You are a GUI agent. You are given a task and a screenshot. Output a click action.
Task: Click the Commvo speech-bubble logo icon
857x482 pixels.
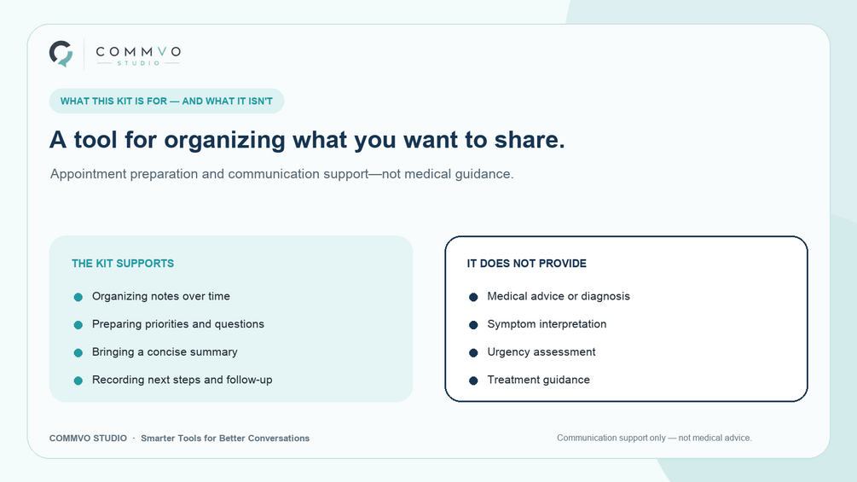tap(61, 54)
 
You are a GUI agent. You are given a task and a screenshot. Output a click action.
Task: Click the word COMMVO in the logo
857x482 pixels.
tap(138, 52)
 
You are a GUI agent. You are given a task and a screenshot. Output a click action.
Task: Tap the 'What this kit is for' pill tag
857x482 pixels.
tap(166, 102)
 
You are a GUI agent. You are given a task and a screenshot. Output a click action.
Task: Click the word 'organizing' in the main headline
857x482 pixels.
tap(224, 140)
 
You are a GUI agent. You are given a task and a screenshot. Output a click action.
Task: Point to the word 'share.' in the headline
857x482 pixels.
tap(530, 139)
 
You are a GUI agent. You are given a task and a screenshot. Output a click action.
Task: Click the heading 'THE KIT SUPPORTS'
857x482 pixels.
tap(123, 264)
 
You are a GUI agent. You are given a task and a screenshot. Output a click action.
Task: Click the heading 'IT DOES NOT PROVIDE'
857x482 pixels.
tap(526, 264)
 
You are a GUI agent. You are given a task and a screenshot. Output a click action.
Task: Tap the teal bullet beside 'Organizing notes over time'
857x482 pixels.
tap(78, 297)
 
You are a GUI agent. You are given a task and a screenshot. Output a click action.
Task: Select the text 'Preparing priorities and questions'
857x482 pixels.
tap(178, 324)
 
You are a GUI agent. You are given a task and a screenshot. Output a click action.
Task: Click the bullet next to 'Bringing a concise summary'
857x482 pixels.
tap(78, 352)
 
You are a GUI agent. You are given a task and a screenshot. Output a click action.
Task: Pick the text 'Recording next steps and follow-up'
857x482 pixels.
tap(182, 380)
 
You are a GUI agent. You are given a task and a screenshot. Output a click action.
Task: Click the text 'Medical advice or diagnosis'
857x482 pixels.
tap(559, 296)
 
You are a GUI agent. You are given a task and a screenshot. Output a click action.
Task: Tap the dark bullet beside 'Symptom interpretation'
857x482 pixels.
tap(473, 325)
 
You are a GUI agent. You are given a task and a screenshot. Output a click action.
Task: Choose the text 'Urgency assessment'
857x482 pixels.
tap(541, 352)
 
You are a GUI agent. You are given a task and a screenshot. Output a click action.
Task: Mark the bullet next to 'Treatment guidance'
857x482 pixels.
tap(473, 380)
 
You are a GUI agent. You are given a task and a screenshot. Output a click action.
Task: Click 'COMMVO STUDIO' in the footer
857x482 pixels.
tap(88, 438)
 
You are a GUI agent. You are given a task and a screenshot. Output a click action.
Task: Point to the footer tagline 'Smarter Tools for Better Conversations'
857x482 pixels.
tap(225, 438)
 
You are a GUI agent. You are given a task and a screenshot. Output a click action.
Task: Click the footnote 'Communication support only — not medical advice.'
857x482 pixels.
tap(654, 438)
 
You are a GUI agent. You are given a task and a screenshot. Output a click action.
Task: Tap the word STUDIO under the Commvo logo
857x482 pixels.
tap(138, 63)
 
